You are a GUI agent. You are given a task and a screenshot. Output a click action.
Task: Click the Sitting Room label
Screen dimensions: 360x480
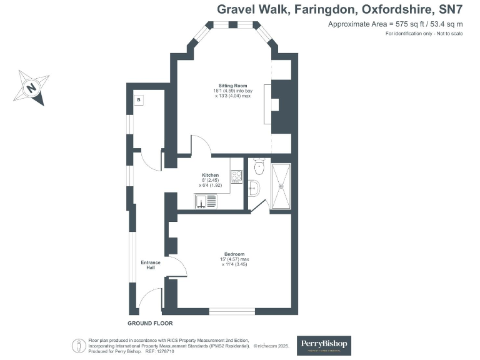[x=232, y=85]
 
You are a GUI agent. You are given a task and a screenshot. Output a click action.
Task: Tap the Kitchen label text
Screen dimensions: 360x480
[x=210, y=175]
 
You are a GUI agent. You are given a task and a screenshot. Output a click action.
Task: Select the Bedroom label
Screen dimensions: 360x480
[x=235, y=254]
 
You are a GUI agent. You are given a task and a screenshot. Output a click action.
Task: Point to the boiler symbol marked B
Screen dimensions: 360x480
[x=139, y=100]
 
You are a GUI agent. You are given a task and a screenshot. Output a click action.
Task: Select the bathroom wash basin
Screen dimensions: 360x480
[x=253, y=187]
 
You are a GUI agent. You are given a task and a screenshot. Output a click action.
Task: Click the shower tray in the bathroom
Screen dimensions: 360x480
[x=281, y=184]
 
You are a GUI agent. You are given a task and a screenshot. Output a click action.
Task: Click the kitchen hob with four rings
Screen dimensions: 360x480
[x=236, y=177]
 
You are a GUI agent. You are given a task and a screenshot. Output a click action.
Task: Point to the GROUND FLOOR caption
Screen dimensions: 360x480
[x=150, y=323]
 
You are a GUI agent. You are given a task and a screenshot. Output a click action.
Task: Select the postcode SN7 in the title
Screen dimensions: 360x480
[x=449, y=9]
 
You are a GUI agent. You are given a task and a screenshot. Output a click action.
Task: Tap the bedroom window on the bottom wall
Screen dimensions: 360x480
[x=232, y=311]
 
